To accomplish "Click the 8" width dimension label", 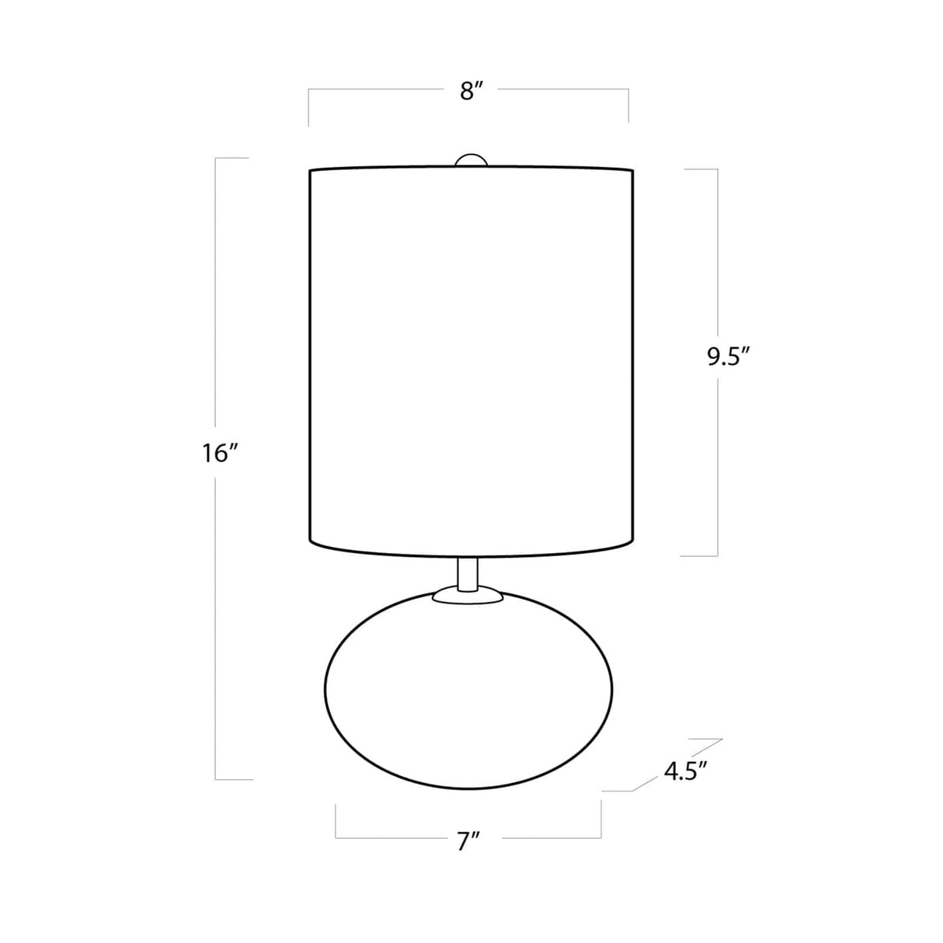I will [471, 92].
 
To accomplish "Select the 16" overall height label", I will [219, 454].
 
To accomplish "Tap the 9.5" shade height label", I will [727, 357].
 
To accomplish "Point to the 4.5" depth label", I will [685, 771].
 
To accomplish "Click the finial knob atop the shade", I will [471, 160].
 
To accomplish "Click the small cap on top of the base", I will [468, 596].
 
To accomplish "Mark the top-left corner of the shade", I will [311, 170].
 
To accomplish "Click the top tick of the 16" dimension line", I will [231, 158].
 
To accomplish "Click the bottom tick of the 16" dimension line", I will [233, 779].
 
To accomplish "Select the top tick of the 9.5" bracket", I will [699, 169].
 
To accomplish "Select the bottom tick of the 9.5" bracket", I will [699, 555].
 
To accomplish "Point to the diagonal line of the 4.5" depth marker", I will [677, 764].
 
